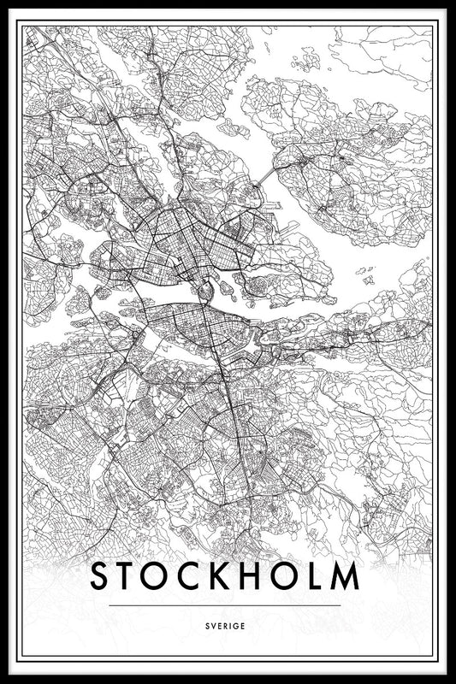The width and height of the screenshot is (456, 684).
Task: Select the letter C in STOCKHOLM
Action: (193, 577)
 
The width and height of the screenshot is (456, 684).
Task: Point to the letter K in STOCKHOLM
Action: (225, 577)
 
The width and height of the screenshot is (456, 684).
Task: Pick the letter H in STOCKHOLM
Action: (258, 577)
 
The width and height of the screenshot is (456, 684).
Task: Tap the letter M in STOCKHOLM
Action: (346, 577)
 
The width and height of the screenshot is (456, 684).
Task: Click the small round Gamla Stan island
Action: (204, 293)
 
